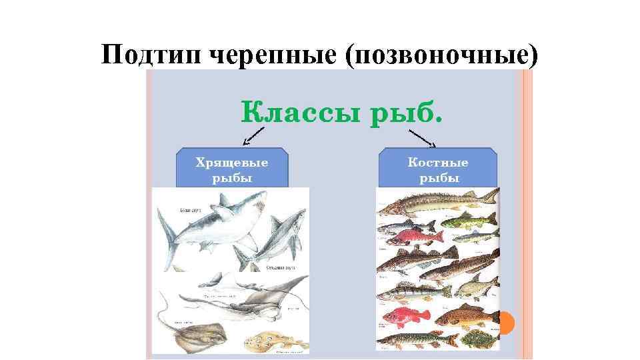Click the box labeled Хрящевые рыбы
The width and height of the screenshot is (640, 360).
coord(231,168)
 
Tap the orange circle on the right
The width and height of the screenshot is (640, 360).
coord(506,323)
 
